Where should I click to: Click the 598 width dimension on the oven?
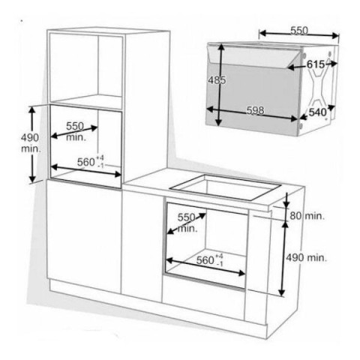[255, 110]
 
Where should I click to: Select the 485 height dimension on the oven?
[217, 80]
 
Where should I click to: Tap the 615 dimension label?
[316, 64]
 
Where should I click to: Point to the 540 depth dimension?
[317, 112]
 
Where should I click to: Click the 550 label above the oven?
[299, 31]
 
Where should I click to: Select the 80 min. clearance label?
[307, 216]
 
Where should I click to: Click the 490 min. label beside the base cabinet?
[306, 257]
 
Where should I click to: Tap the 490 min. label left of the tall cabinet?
[31, 143]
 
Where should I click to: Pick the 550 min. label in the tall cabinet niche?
[76, 132]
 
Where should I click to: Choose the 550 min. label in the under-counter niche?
[187, 223]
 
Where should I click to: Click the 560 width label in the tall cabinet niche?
[91, 162]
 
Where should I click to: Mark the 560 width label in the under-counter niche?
[209, 260]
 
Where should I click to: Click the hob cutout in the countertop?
[226, 187]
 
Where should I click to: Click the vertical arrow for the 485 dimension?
[220, 85]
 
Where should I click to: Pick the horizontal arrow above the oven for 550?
[299, 34]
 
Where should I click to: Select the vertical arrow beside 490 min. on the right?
[283, 259]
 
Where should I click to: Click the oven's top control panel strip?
[256, 56]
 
